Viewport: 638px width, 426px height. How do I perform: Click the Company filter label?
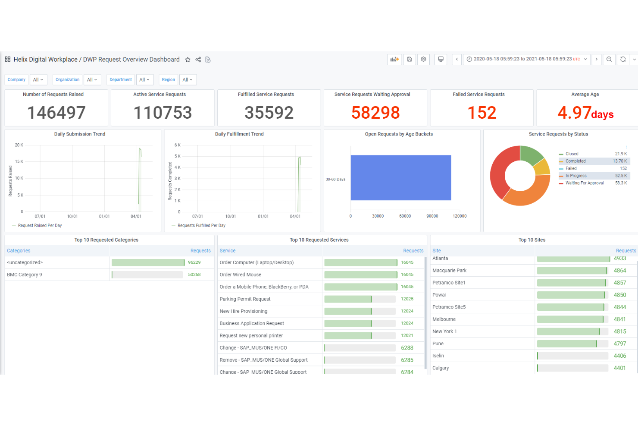[x=16, y=80]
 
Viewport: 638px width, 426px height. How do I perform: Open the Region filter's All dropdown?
[x=188, y=80]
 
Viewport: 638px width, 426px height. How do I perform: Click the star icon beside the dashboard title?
[x=188, y=60]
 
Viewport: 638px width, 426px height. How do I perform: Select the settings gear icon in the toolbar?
[x=423, y=59]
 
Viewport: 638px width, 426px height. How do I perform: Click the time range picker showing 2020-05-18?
[x=526, y=59]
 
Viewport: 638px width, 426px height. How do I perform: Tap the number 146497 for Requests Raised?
[x=56, y=113]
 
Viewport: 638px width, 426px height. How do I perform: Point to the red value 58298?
[x=375, y=113]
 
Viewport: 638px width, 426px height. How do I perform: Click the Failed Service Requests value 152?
[x=482, y=113]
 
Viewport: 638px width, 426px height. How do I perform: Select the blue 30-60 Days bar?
[x=401, y=178]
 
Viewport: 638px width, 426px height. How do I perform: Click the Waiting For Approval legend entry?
[x=584, y=183]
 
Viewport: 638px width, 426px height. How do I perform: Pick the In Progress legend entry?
[x=576, y=176]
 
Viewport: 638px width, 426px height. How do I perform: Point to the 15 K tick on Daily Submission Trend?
[x=19, y=161]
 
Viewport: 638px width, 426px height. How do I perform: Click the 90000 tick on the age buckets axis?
[x=432, y=216]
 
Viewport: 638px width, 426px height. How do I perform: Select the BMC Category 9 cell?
[x=25, y=275]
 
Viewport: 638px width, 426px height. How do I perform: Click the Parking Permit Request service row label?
[x=245, y=299]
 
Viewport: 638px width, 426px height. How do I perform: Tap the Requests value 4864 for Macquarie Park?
[x=619, y=271]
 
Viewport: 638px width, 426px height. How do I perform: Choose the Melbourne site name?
[x=444, y=319]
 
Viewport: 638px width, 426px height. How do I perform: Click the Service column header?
[x=228, y=251]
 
